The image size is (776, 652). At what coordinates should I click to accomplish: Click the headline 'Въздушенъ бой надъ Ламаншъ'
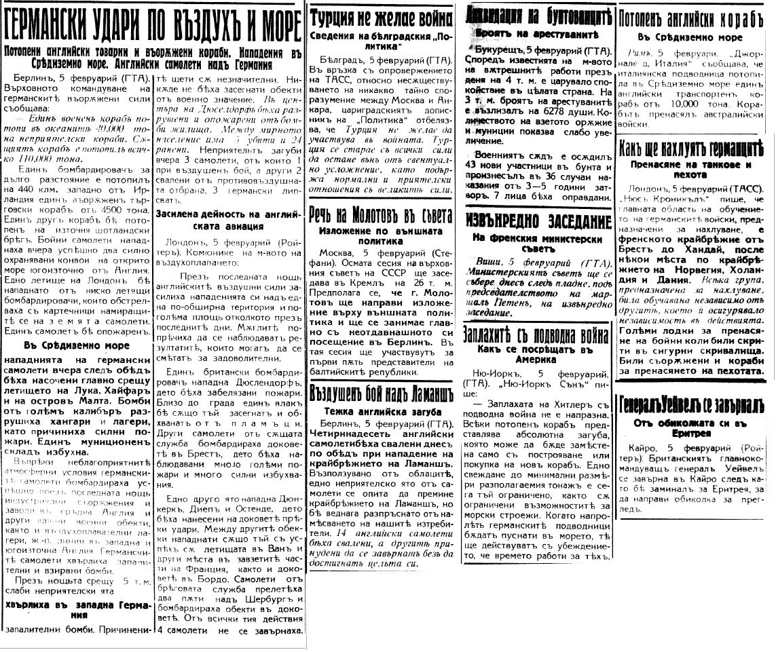(x=382, y=393)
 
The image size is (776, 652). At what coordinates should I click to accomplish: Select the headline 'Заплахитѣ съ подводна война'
(x=536, y=334)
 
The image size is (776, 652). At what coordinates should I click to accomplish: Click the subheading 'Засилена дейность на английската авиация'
(x=227, y=218)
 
